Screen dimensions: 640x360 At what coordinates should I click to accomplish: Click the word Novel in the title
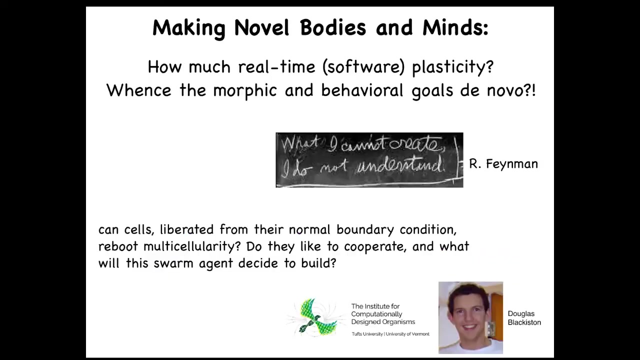261,27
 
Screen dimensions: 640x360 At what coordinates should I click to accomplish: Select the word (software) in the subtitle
363,67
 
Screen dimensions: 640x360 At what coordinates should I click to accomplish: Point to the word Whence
139,90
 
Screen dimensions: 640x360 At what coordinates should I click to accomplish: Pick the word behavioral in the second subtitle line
362,90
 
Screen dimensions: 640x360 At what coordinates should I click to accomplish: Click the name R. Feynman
503,164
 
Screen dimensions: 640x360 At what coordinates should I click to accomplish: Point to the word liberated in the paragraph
186,229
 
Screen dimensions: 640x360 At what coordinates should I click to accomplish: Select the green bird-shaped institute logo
316,317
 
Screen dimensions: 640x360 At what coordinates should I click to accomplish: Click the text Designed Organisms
383,322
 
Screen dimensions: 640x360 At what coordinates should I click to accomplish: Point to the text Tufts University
367,334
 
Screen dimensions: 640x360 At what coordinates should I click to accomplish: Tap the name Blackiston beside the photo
524,322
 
